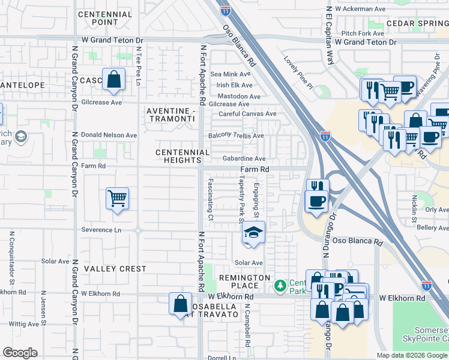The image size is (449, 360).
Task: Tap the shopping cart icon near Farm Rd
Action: pos(117,199)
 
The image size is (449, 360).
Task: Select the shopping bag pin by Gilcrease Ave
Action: pos(113,80)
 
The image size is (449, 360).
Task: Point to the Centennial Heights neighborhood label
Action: pos(178,157)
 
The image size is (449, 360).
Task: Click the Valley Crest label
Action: pos(115,269)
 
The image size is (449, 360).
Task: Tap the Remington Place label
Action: pos(244,281)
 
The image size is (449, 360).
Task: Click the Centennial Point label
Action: pos(105,18)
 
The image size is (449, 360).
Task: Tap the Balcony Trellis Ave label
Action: pos(236,136)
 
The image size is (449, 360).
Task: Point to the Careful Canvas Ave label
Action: pos(247,113)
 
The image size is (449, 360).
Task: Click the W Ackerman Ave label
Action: pos(360,9)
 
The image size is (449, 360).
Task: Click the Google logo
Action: pos(20,353)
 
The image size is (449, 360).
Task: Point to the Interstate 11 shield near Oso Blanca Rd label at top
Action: pos(225,10)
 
